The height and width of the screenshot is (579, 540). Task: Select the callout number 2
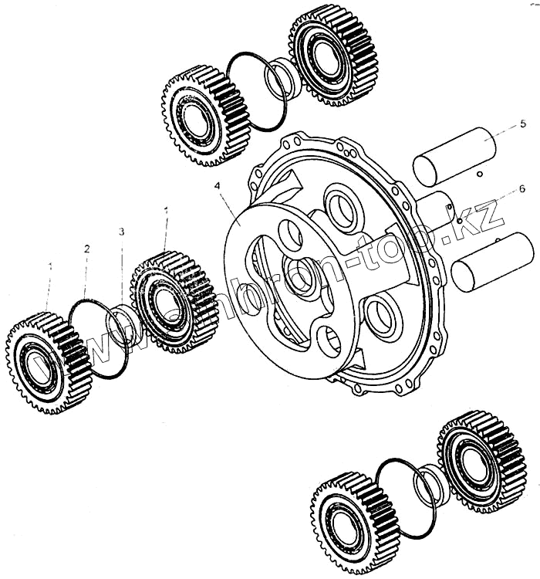pos(87,249)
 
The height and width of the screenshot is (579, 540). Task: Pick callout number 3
pos(121,232)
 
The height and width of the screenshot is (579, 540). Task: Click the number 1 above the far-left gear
pos(50,266)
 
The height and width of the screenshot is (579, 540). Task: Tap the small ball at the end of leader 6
pos(459,221)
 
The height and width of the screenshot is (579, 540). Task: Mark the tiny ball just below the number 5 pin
pos(479,175)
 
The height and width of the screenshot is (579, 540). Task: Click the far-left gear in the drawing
pos(45,361)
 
